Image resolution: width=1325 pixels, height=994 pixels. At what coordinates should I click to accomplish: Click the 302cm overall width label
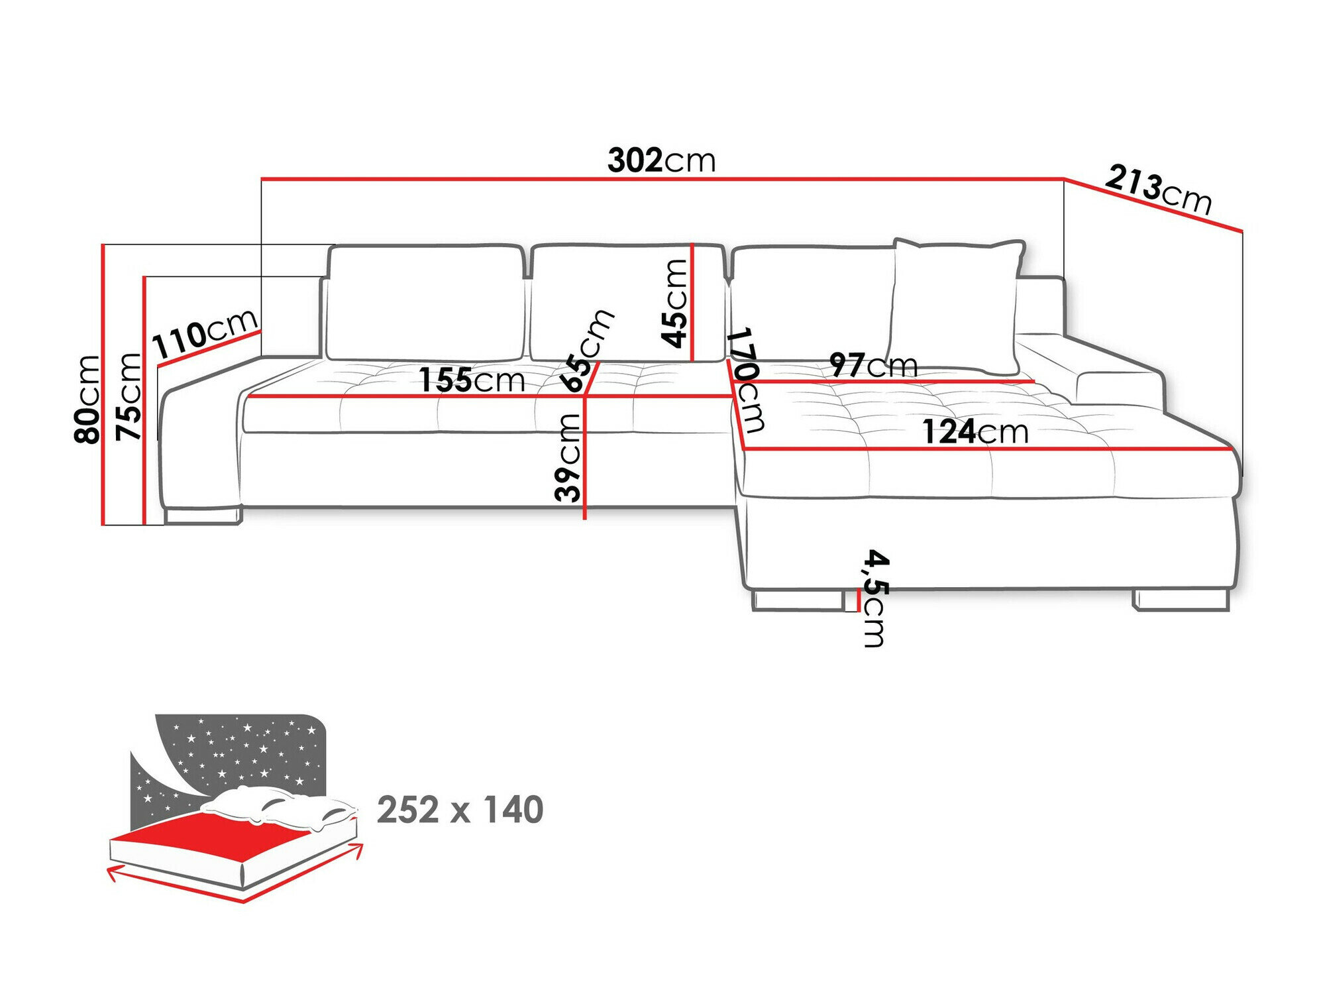tap(661, 161)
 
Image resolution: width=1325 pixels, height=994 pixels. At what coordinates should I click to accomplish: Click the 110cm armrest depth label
tap(204, 333)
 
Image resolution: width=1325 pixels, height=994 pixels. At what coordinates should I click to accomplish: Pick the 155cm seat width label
tap(472, 380)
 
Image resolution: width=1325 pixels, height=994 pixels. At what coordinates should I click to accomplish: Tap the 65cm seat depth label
tap(586, 350)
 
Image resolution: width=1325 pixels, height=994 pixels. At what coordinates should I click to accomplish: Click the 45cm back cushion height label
tap(675, 303)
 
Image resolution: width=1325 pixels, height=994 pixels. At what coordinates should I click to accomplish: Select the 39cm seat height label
tap(568, 457)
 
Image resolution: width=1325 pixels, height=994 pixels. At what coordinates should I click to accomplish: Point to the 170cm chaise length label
tap(747, 379)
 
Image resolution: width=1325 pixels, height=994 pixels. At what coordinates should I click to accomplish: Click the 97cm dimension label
tap(873, 365)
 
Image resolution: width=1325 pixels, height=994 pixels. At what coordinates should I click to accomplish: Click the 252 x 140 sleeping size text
tap(460, 810)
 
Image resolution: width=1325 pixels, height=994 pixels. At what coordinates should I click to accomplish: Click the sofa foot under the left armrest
tap(202, 516)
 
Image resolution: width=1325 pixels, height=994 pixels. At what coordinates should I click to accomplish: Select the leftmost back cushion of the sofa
tap(424, 303)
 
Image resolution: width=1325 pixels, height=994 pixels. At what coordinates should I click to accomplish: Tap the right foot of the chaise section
tap(1181, 600)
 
